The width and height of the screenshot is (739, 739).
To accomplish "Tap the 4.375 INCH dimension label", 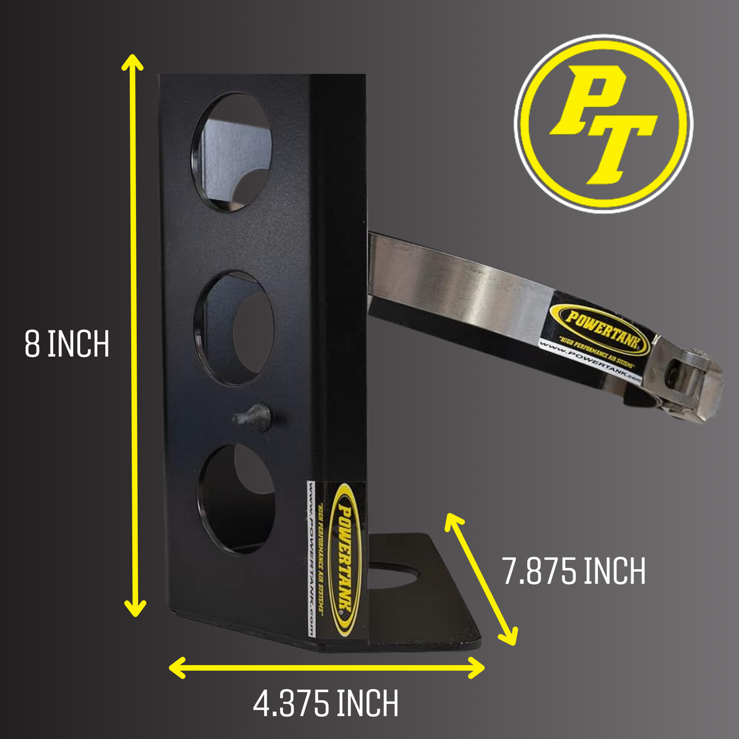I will click(326, 703).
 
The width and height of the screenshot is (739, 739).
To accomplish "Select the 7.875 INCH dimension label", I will click(574, 571).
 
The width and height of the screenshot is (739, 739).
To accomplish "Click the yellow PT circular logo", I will click(603, 123).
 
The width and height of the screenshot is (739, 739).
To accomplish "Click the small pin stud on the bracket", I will click(252, 417).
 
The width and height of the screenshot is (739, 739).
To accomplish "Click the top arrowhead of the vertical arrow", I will click(132, 62).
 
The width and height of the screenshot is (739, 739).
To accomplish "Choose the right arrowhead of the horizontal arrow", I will click(477, 668).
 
